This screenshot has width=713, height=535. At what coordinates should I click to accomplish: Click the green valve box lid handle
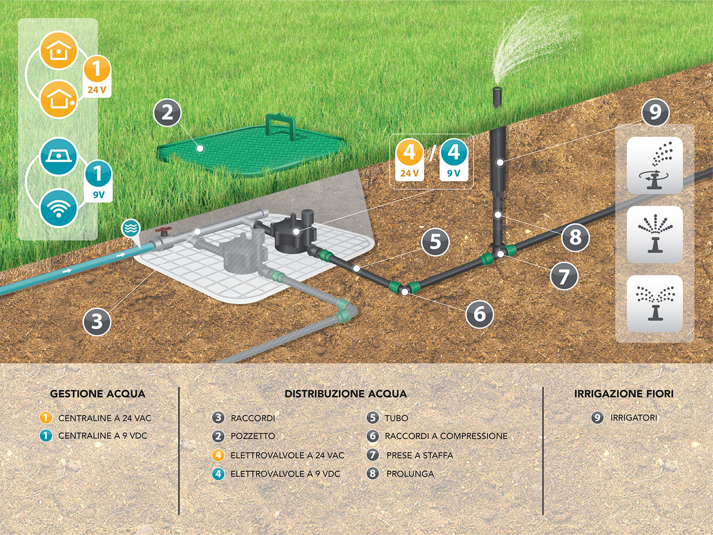point(280,125)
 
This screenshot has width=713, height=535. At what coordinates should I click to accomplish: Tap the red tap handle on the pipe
point(164,232)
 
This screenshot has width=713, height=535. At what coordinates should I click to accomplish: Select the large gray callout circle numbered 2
point(167,113)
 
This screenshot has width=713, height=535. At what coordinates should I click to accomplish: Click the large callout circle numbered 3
point(97,321)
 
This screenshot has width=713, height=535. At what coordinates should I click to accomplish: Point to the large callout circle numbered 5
point(435,242)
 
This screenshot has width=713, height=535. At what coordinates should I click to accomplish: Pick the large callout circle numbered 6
point(480,314)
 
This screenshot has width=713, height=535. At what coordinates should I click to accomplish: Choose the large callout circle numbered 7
point(564,276)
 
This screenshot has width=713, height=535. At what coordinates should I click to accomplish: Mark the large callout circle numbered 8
point(575,237)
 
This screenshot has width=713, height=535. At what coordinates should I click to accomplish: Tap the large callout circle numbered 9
point(655,112)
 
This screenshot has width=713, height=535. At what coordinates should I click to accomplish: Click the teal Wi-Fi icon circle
point(58,208)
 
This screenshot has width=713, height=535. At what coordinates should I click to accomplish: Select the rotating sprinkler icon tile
point(655,165)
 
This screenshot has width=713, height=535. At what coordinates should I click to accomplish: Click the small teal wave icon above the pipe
point(130,229)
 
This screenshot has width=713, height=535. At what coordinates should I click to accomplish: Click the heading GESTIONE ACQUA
point(97,394)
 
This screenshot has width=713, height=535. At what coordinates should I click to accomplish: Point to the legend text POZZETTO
point(252,436)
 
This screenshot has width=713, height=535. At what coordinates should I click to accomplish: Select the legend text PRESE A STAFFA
point(419,455)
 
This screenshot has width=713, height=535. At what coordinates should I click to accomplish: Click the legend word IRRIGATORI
point(634,418)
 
